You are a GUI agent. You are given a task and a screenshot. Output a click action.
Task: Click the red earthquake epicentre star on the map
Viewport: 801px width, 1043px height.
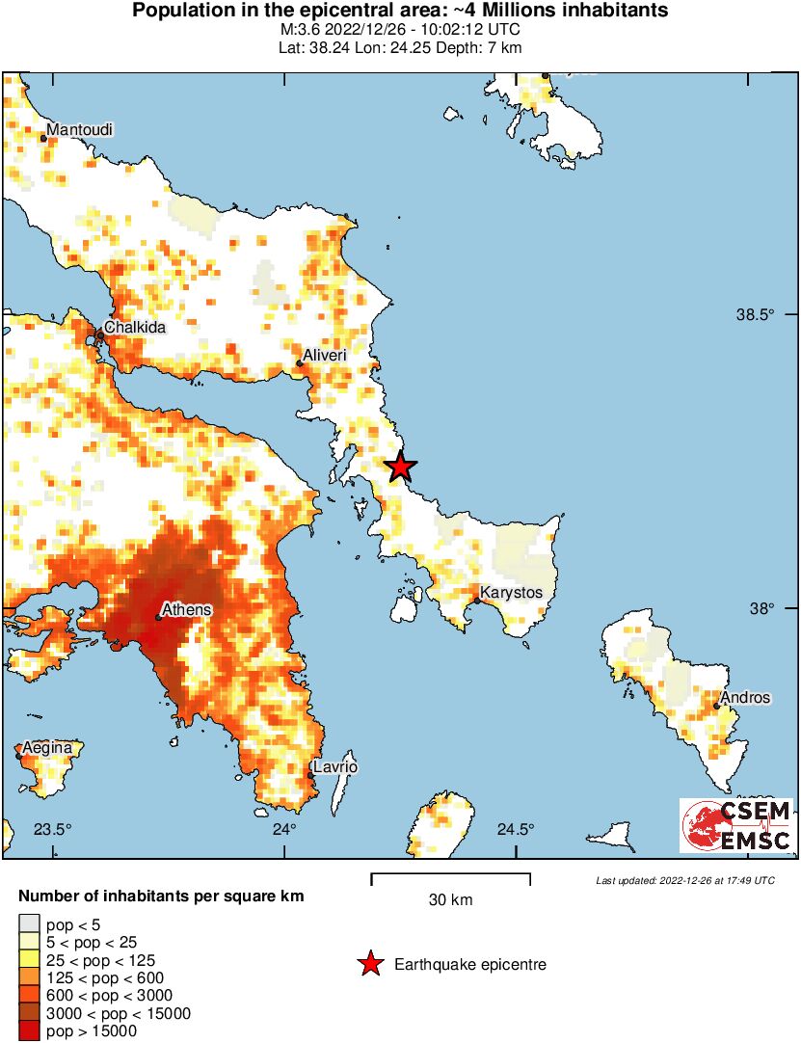(x=401, y=468)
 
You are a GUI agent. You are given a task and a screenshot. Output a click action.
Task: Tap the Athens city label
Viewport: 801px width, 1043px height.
(x=186, y=610)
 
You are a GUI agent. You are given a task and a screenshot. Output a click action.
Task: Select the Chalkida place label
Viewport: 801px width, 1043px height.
(x=135, y=327)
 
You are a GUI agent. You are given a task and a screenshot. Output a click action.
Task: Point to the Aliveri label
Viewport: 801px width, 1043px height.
(x=325, y=356)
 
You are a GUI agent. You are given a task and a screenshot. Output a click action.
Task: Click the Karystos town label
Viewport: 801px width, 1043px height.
(x=511, y=592)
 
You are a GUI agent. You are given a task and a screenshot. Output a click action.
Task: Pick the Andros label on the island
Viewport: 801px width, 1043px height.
(x=746, y=697)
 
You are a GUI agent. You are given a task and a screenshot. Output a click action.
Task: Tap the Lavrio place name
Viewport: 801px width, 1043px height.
(x=334, y=766)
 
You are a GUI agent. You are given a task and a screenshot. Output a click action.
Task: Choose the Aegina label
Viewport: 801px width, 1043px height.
(x=47, y=747)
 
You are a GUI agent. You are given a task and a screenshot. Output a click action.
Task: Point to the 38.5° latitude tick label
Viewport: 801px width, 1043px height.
(x=756, y=315)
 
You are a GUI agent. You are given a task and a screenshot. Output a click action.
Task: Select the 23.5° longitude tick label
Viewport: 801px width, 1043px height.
(x=53, y=830)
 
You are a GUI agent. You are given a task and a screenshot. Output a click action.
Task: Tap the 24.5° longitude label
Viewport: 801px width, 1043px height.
(x=516, y=830)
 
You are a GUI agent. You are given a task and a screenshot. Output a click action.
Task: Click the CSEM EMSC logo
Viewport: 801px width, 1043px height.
(x=737, y=826)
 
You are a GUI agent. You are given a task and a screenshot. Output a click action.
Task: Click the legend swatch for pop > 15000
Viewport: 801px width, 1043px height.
(x=29, y=1031)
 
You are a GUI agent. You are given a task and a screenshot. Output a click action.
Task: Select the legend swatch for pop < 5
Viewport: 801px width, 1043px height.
(x=29, y=923)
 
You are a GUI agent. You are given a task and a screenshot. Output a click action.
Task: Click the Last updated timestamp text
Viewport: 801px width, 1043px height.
(x=684, y=880)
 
